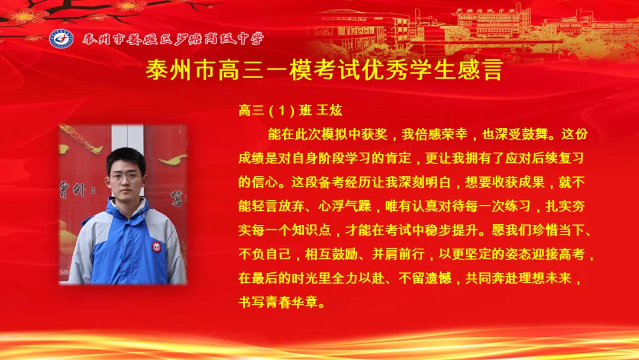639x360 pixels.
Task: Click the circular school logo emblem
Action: (61, 39)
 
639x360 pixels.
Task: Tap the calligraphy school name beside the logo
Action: (173, 40)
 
